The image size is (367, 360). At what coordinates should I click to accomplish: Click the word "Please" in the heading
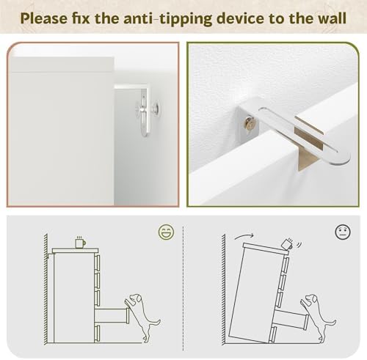tap(44, 18)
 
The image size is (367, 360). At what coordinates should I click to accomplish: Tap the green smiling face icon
tap(167, 232)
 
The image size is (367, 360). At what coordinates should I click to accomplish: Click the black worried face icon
tap(343, 232)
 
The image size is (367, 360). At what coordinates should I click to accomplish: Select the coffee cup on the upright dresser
tap(80, 242)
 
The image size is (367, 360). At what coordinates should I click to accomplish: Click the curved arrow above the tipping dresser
tap(244, 235)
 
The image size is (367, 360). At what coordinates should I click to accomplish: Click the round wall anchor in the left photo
tap(156, 108)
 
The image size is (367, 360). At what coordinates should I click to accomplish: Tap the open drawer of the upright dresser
tap(112, 315)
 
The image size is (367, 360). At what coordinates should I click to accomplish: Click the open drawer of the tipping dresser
tap(291, 318)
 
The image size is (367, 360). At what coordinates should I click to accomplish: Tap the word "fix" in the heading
tap(81, 18)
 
